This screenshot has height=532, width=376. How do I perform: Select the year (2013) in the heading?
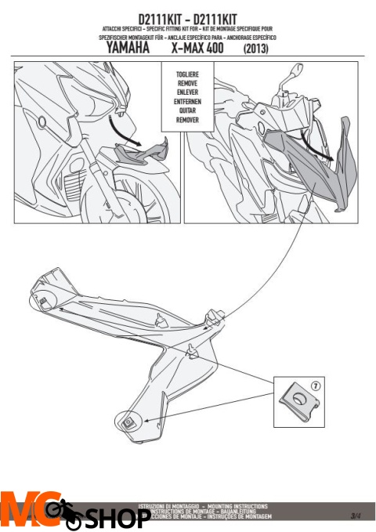click(258, 49)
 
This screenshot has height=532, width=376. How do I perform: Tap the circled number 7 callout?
click(315, 387)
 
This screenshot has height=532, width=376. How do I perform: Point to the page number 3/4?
click(356, 514)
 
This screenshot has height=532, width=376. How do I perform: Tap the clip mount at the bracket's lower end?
click(127, 422)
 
